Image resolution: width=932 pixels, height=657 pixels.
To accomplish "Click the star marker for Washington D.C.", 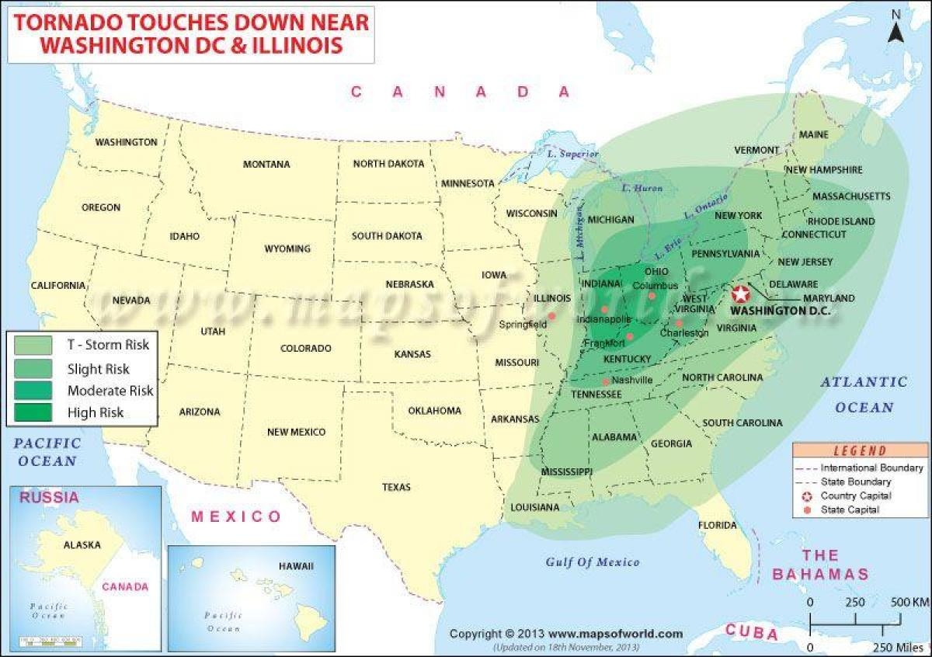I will (740, 294).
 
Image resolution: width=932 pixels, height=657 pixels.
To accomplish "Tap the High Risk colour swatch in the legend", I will (33, 412).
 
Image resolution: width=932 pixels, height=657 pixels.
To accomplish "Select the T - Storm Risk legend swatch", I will (33, 344).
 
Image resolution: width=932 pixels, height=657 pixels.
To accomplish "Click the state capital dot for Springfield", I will (551, 315).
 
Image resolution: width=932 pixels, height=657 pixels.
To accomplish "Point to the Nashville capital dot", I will (606, 381).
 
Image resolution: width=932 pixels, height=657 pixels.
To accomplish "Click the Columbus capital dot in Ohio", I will (652, 295).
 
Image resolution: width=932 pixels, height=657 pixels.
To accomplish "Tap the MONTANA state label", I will (266, 165).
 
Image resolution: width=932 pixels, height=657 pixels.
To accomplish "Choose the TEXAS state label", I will (396, 487).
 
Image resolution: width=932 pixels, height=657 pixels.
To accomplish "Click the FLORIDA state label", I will (717, 526).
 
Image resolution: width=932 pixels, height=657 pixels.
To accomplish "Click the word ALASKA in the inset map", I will (82, 545).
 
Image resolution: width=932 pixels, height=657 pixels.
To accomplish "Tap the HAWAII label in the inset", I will (296, 566).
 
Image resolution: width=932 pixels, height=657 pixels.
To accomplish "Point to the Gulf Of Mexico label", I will (592, 562).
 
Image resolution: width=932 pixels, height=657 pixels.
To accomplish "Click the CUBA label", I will (751, 633).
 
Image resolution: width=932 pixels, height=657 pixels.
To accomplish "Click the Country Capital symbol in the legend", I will (806, 496).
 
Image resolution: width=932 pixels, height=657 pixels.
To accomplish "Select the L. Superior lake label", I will (573, 155).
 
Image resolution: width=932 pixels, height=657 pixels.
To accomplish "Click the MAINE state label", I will (814, 134).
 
